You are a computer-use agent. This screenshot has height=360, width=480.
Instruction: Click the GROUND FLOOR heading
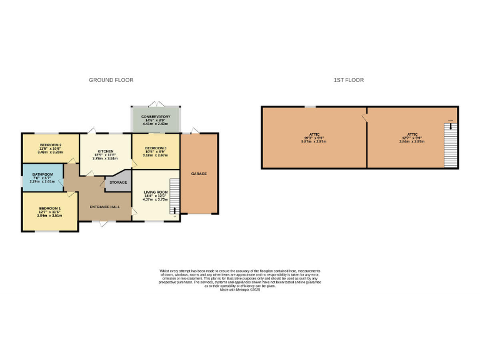(111, 80)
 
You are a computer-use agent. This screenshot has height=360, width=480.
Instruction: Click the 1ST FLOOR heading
(349, 80)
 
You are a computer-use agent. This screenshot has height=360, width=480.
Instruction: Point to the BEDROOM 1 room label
(51, 207)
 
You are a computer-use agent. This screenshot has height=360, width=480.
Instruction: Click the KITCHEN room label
(105, 151)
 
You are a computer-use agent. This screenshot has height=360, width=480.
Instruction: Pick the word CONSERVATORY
(156, 117)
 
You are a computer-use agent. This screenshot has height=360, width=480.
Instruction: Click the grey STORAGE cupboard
(119, 182)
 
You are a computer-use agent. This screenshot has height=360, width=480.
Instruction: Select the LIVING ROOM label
(156, 192)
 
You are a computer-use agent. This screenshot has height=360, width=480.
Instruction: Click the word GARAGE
(199, 173)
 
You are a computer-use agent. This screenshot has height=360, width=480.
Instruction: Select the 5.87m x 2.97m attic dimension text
(314, 142)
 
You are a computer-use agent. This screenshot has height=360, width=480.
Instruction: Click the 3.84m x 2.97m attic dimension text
(412, 142)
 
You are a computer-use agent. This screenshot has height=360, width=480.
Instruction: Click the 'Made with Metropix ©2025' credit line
(240, 290)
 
